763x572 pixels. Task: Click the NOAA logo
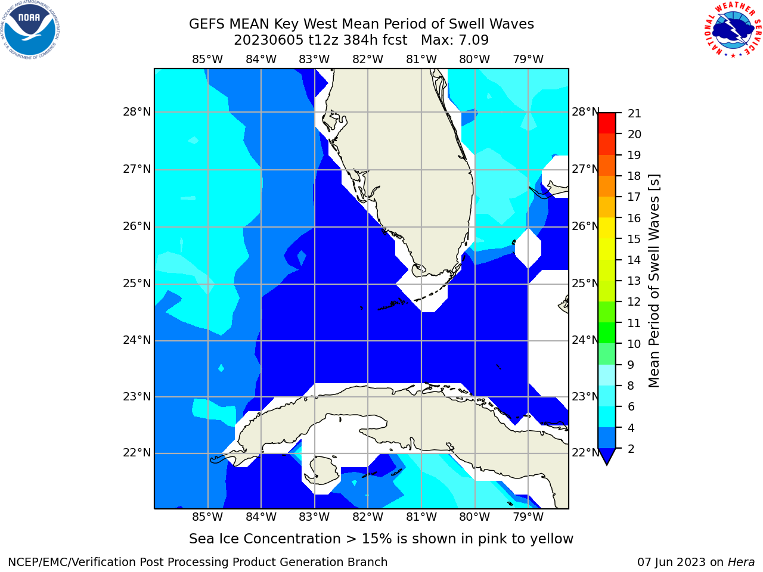tap(30, 30)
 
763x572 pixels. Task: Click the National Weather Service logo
tap(733, 30)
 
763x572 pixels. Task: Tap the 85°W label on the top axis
tap(207, 60)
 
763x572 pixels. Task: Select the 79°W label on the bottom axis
tap(528, 517)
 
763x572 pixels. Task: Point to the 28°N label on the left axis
tap(137, 112)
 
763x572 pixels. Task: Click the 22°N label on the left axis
tap(137, 452)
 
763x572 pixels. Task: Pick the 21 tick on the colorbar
tap(634, 114)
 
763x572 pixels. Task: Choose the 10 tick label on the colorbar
tap(634, 344)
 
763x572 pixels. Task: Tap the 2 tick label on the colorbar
tap(631, 449)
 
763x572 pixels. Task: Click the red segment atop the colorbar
tap(607, 123)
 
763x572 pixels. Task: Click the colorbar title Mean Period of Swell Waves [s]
tap(654, 281)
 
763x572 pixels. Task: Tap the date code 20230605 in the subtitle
tap(269, 40)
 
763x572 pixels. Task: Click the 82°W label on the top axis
tap(367, 60)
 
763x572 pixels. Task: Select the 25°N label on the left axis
tap(137, 284)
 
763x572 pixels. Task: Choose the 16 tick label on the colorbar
tap(634, 218)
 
